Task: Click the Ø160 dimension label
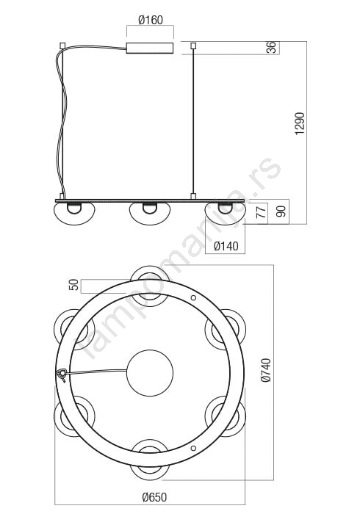(x=151, y=20)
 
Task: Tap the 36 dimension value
(x=272, y=48)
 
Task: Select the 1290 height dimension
(x=300, y=123)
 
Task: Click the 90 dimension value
(x=281, y=211)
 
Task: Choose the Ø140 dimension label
(x=226, y=246)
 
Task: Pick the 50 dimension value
(x=73, y=285)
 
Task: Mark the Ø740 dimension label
(x=266, y=370)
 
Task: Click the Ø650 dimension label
(x=154, y=497)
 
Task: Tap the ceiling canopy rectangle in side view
(x=150, y=48)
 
